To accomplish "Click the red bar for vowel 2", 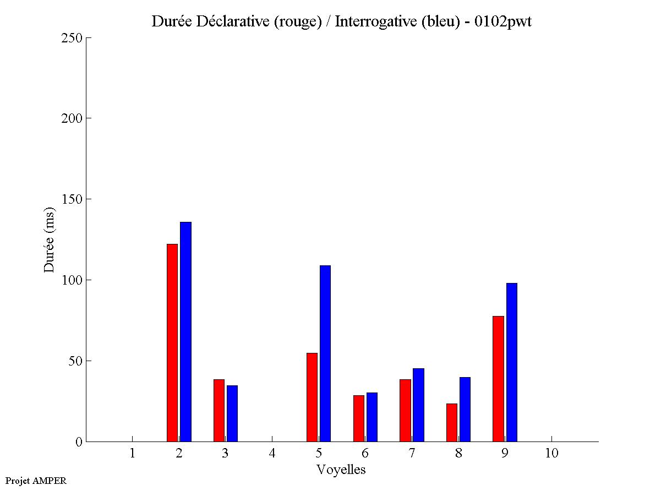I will pos(172,342).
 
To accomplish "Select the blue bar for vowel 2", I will pos(185,331).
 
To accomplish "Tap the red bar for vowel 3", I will pos(219,410).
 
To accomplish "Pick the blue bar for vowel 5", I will pos(325,353).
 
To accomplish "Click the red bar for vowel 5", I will pos(312,397).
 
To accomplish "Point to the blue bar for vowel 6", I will pos(372,417).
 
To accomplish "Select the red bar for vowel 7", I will pos(405,410).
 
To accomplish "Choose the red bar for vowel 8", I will pos(452,422).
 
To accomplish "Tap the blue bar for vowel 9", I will pos(512,362).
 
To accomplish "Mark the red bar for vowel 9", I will pos(499,379).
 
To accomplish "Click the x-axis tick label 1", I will pos(132,453).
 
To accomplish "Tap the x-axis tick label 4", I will pos(272,453).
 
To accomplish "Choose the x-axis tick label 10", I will pos(551,453).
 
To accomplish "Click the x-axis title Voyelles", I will pos(341,470).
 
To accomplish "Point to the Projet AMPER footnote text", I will pos(36,481).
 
